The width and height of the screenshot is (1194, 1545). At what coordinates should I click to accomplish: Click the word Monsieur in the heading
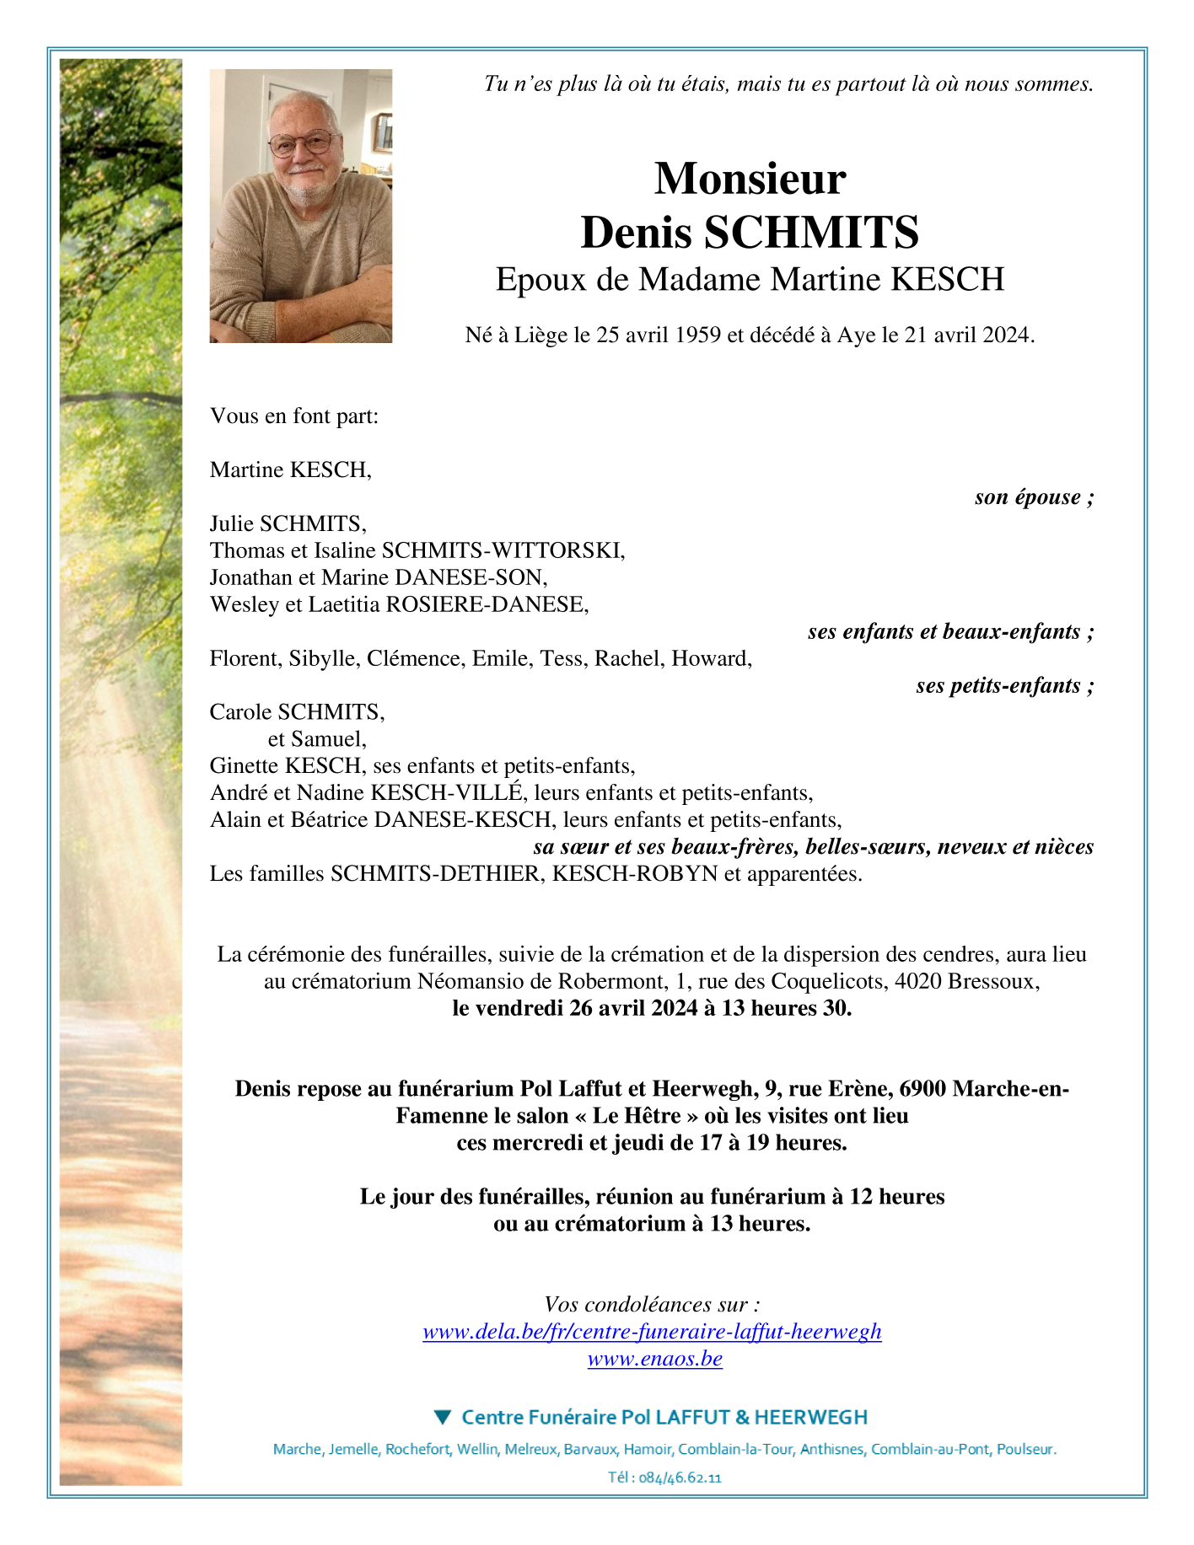(x=750, y=179)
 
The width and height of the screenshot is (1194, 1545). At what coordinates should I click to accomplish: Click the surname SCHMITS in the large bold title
(x=810, y=233)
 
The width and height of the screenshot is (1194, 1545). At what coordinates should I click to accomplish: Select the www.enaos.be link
(x=654, y=1358)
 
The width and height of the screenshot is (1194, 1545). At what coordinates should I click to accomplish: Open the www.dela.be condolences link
(x=652, y=1331)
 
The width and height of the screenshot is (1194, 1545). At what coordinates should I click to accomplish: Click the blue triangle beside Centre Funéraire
(x=442, y=1417)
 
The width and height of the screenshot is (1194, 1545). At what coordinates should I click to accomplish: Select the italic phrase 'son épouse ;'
(x=1034, y=496)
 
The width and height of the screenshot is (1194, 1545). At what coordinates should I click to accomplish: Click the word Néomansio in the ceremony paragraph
(x=471, y=981)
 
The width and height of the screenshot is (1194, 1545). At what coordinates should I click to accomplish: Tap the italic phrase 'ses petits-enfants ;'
(x=1004, y=685)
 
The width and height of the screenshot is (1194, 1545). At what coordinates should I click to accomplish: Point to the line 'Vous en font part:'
(x=294, y=416)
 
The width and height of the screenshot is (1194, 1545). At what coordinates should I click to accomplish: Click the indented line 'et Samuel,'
(x=317, y=739)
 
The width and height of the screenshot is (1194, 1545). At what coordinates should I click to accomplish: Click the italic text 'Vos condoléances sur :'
(x=652, y=1304)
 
